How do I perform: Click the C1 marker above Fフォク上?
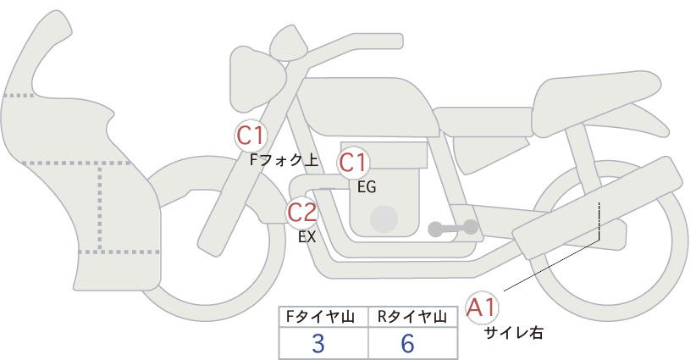coord(251,136)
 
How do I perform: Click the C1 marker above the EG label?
coord(353,163)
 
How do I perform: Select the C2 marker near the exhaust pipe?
coord(301,212)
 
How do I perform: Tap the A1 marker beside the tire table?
coord(482,307)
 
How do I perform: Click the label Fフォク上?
coord(284,160)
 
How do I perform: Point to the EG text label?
coord(367,187)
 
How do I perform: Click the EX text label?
coord(307,237)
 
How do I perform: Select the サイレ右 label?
coord(513,333)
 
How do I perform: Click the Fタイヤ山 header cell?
coord(323,317)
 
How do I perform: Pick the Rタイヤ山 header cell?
coord(413,317)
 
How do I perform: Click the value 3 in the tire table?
coord(318,343)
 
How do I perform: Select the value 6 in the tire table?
coord(407,343)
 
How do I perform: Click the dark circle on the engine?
coord(384,219)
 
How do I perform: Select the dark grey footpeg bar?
coord(453,228)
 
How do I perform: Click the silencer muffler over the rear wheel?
coord(597,208)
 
